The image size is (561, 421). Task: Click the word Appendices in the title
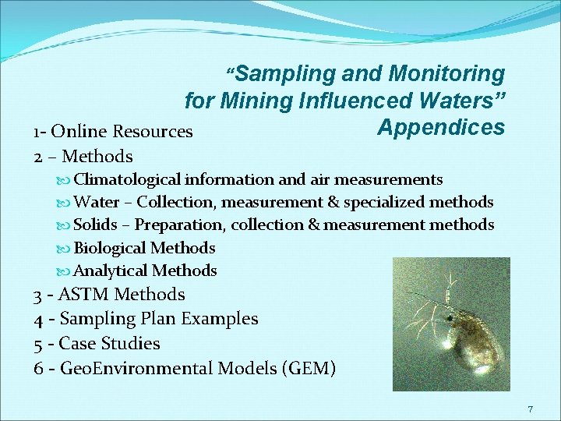point(441,126)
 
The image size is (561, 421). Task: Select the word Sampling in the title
point(285,74)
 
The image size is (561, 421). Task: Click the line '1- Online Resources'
point(113,131)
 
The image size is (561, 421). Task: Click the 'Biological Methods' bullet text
point(144,248)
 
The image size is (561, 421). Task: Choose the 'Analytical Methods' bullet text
point(145,271)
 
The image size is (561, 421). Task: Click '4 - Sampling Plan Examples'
point(146,319)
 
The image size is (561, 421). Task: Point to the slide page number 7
point(530,409)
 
